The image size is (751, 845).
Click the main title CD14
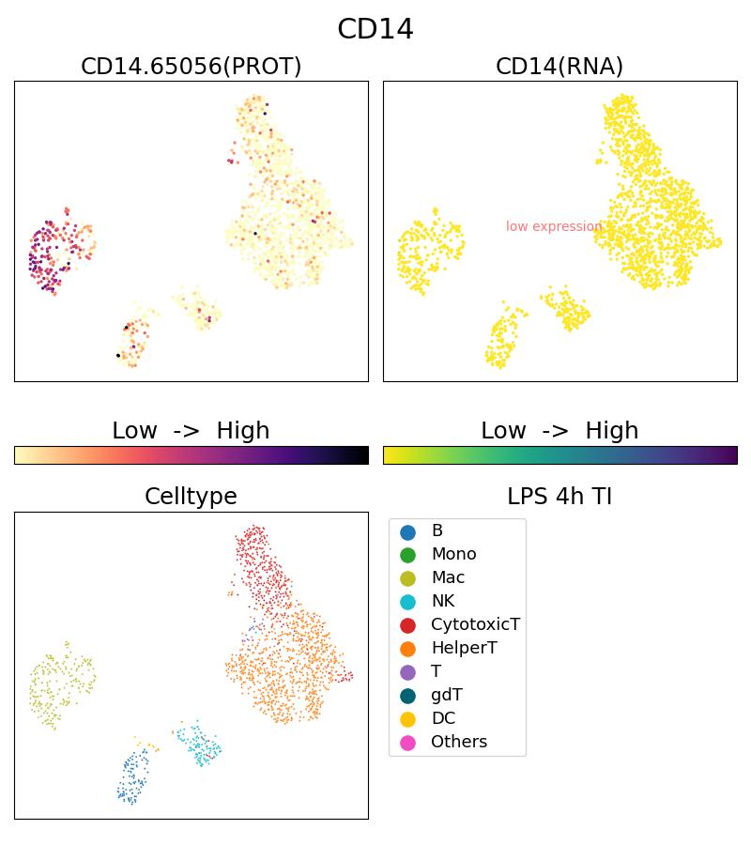click(375, 29)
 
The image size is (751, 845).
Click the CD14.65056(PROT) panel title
click(192, 67)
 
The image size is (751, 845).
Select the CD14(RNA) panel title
click(559, 67)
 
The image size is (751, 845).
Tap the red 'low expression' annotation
click(554, 226)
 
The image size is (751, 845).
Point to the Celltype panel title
click(191, 497)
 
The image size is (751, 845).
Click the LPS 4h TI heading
click(559, 497)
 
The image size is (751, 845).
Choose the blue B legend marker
click(407, 531)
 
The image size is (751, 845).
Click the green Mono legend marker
click(407, 555)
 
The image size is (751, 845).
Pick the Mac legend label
click(448, 577)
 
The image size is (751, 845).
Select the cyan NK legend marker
click(407, 602)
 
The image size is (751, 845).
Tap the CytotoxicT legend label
click(475, 624)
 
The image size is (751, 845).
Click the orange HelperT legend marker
click(407, 649)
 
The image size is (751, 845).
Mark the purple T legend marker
click(407, 672)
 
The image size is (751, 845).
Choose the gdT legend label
click(446, 695)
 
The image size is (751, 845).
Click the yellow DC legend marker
click(407, 719)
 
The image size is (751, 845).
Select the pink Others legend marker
click(407, 743)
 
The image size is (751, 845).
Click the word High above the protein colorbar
click(243, 431)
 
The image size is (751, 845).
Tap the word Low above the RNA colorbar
click(503, 431)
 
